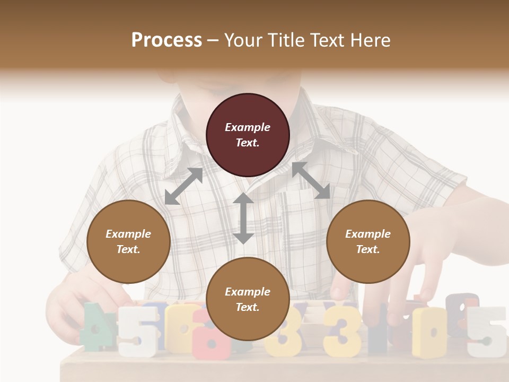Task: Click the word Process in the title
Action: click(166, 40)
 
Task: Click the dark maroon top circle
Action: click(248, 135)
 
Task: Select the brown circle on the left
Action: click(128, 241)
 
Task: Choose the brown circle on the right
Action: click(367, 241)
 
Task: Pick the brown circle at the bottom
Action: click(248, 299)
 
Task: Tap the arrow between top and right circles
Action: click(311, 180)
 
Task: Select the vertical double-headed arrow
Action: click(243, 218)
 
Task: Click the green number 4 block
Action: click(95, 326)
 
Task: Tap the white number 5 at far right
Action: click(488, 332)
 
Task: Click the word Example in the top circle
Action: click(248, 127)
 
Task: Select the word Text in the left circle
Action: click(128, 249)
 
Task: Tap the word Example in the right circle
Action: click(367, 234)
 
